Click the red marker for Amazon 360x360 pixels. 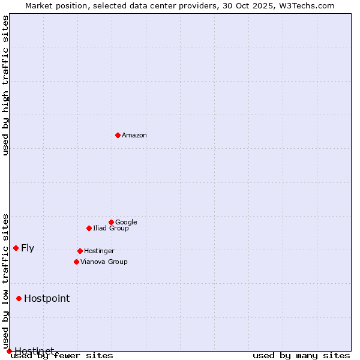tap(118, 135)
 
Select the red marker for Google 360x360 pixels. tap(111, 222)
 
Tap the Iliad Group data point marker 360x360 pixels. tap(89, 228)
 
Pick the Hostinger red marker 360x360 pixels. tap(80, 251)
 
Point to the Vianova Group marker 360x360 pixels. tap(76, 262)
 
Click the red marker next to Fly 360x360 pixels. tap(16, 248)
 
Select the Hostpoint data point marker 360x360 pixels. tap(19, 298)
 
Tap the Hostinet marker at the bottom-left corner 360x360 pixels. tap(9, 351)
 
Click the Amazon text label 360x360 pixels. tap(134, 136)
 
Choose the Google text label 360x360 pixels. tap(126, 223)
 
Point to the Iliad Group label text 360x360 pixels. tap(111, 229)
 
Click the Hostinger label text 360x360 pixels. tap(99, 251)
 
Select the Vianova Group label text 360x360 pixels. tap(104, 262)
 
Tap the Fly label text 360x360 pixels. tap(28, 248)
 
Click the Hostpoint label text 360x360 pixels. tap(47, 299)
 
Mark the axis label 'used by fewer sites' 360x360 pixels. tap(62, 356)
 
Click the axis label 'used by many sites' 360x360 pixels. tap(301, 356)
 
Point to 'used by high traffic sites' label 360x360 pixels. tap(6, 85)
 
